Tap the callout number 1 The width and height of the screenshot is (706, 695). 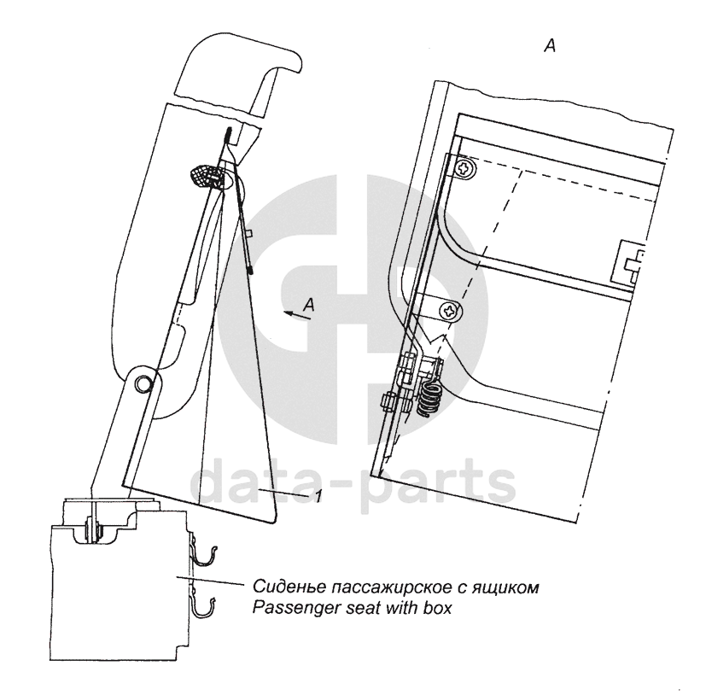tap(318, 495)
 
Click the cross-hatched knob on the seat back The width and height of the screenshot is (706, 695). tap(206, 175)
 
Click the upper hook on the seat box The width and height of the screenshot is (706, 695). tap(202, 555)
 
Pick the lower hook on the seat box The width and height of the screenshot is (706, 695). tap(203, 609)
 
